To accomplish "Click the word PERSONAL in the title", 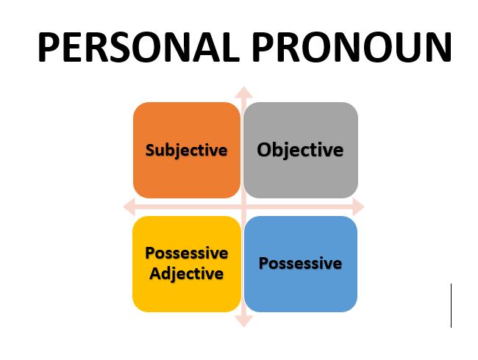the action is [139, 47].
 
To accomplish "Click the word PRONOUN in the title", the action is [352, 47].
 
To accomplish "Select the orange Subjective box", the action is [187, 150].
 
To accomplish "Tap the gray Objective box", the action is [301, 150].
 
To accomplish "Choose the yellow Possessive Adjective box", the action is [187, 264].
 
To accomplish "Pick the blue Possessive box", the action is [301, 264].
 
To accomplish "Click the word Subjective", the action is [187, 151].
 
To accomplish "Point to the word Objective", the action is [300, 150].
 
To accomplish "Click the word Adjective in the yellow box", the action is [187, 274].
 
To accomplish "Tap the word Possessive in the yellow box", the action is [187, 253].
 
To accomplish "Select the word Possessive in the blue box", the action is [300, 264].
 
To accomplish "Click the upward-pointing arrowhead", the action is [243, 93].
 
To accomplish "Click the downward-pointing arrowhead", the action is [243, 321].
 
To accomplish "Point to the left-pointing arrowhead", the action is [129, 206].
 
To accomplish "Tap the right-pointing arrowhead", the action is [359, 206].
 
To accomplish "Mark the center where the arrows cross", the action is [243, 207].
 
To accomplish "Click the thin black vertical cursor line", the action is [451, 306].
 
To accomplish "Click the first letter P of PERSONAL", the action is [49, 47].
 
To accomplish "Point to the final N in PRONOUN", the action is [439, 47].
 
